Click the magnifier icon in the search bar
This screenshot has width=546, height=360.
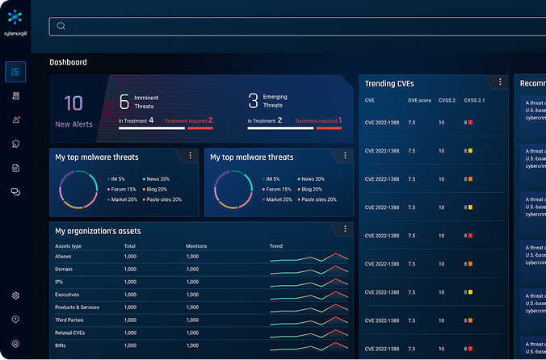tap(61, 26)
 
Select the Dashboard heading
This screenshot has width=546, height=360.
tap(68, 62)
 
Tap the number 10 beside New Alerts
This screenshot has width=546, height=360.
tap(73, 103)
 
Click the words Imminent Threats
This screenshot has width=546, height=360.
tap(145, 101)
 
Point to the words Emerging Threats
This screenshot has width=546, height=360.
tap(275, 101)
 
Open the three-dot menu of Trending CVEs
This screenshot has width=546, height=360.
tap(500, 82)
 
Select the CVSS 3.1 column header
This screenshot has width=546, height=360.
tap(474, 101)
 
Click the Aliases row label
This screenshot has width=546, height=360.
tap(64, 256)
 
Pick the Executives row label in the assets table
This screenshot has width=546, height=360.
tap(67, 295)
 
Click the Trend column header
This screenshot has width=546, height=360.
tap(276, 245)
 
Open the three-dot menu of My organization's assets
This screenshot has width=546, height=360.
tap(345, 229)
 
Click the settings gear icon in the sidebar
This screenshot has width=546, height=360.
tap(15, 296)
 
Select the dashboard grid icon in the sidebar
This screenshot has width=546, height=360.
tap(15, 73)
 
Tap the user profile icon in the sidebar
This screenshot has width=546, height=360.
tap(15, 344)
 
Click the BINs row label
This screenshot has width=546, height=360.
tap(61, 345)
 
